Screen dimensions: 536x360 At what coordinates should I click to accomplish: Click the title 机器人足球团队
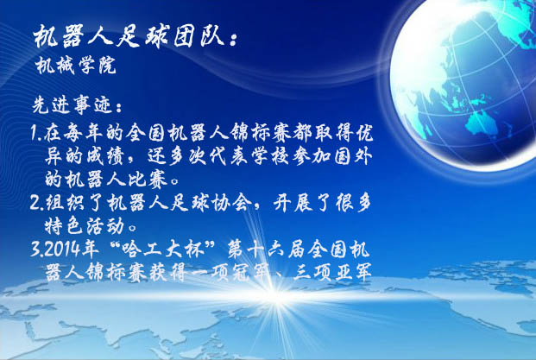(x=129, y=36)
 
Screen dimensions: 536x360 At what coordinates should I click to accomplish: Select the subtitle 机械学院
(x=76, y=65)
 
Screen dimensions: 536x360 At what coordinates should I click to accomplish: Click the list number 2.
(x=36, y=202)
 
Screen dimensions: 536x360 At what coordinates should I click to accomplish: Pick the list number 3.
(x=36, y=249)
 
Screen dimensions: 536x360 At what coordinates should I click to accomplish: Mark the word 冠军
(x=249, y=273)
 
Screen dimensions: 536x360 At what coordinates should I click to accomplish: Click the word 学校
(x=271, y=156)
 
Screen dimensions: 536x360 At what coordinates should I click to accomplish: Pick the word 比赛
(x=148, y=180)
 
